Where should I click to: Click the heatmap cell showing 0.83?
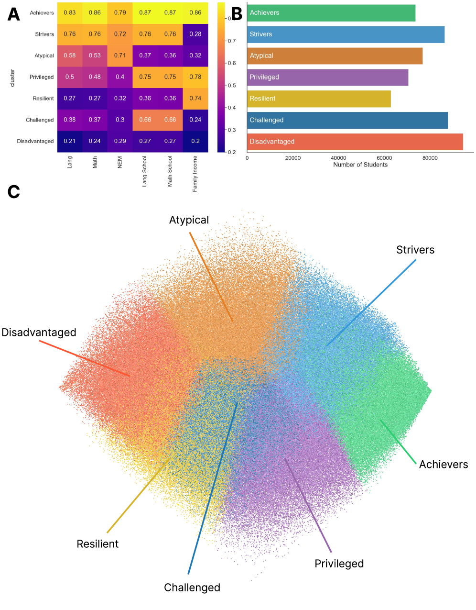tap(70, 13)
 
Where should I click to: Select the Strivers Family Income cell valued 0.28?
tap(195, 34)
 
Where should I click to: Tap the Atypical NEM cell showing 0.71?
tap(120, 55)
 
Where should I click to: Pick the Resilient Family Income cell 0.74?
tap(195, 98)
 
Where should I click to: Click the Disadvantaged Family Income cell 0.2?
tap(195, 141)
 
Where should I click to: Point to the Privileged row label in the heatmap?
tap(42, 77)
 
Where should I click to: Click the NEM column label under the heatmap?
tap(120, 162)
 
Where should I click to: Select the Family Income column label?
tap(195, 174)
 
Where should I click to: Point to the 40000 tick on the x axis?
tap(338, 158)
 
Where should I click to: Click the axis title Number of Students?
tap(360, 165)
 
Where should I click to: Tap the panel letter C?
tap(14, 192)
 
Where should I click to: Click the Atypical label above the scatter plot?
tap(189, 220)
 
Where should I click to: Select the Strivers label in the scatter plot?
tap(415, 250)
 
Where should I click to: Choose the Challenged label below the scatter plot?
tap(192, 588)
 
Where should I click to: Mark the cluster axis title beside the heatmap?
tap(12, 78)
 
